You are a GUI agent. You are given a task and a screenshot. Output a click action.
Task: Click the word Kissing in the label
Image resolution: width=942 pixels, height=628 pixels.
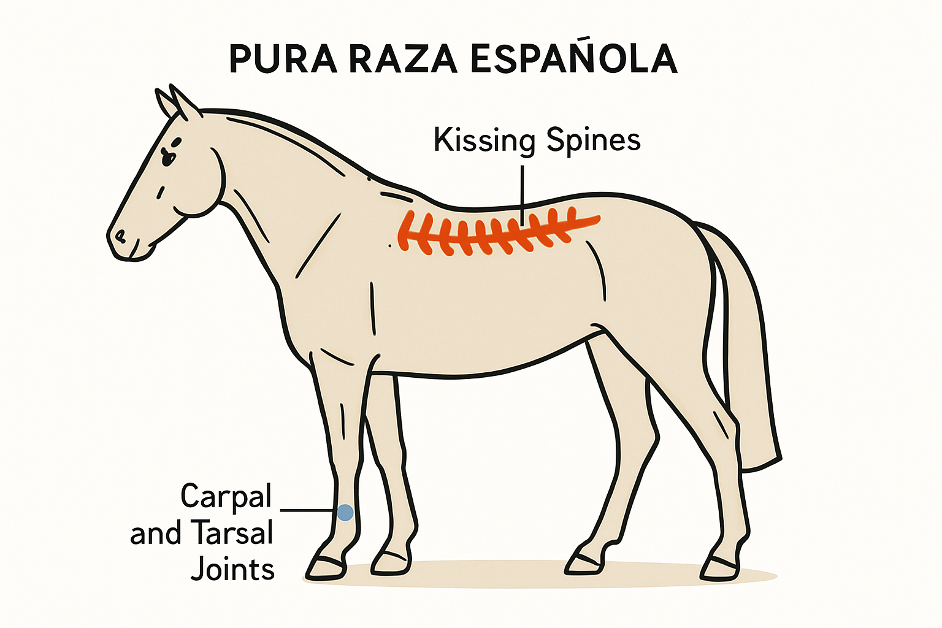click(484, 141)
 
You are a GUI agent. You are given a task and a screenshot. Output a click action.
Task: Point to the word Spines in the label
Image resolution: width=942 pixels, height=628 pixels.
click(594, 141)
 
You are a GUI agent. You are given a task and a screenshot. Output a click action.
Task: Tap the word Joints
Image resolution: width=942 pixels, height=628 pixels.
click(232, 569)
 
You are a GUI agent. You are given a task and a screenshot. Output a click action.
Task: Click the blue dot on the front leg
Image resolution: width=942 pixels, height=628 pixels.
click(345, 513)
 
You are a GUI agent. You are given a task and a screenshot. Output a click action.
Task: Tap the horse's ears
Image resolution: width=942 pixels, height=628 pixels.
click(176, 102)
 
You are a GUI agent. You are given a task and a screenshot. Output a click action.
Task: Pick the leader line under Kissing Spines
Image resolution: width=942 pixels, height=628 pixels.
click(523, 196)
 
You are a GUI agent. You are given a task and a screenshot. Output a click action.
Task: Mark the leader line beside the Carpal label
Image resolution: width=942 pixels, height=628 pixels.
click(308, 511)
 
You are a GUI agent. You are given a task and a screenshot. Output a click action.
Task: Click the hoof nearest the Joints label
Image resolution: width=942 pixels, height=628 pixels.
click(326, 568)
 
